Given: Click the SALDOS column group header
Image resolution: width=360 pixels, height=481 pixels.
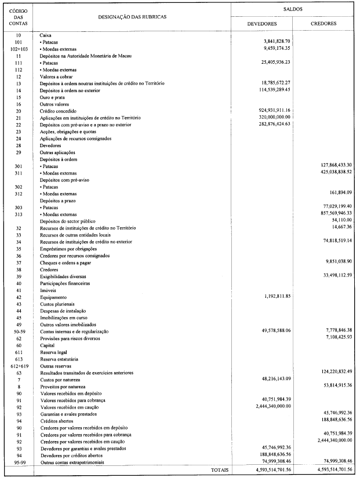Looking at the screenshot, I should point(293,10).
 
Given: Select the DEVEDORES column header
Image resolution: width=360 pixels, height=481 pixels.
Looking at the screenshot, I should point(261,24).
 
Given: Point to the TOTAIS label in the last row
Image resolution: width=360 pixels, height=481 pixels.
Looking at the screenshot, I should point(220,469).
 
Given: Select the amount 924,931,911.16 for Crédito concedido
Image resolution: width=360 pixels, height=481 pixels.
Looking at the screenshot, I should point(267,110).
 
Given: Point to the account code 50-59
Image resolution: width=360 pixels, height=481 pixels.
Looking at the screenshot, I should point(18,330).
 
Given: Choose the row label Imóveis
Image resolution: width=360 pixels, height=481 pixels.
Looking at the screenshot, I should point(48,290).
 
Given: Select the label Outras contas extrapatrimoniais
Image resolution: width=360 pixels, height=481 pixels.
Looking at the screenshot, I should point(74,461).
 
